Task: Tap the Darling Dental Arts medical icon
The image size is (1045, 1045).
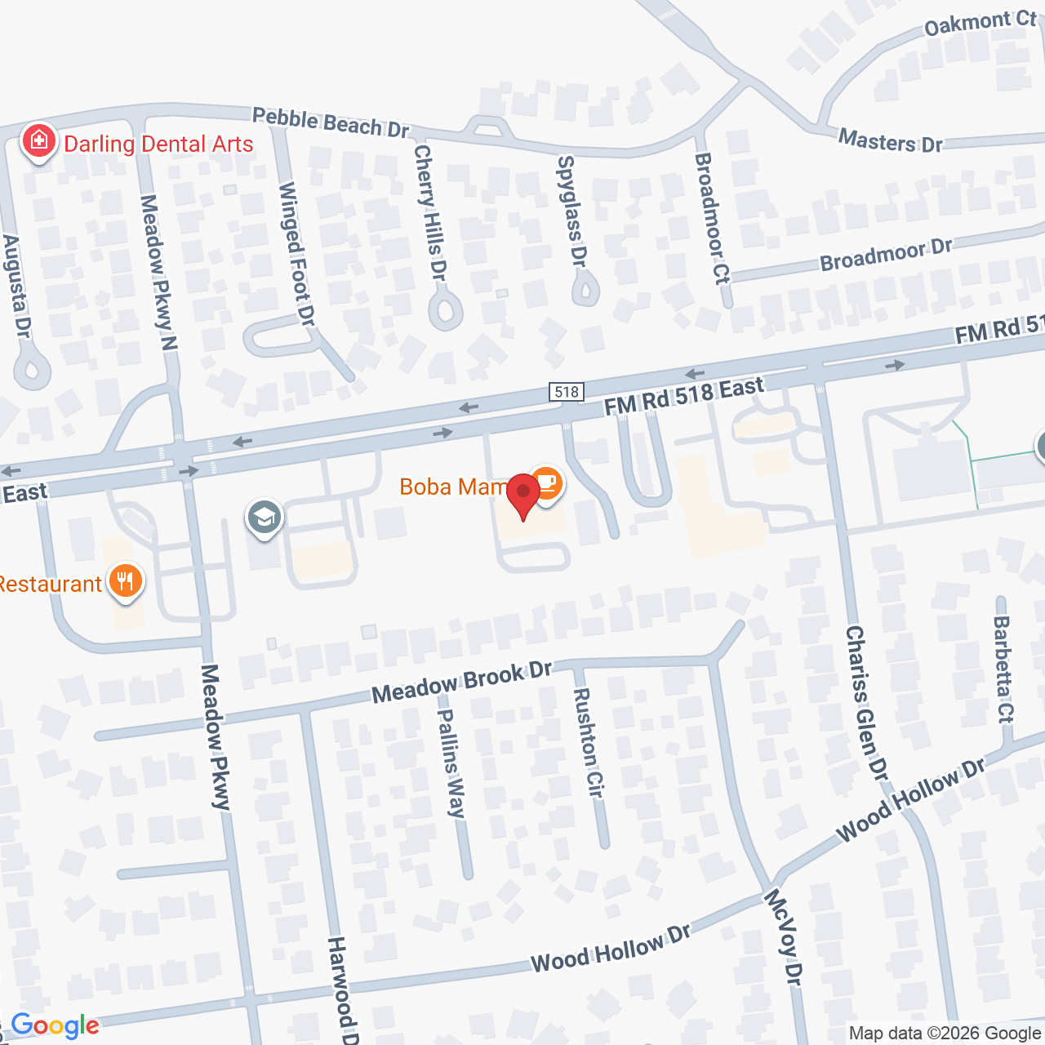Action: click(x=38, y=142)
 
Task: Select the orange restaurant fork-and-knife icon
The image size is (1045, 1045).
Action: click(x=125, y=582)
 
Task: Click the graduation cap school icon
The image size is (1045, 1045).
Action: click(x=265, y=518)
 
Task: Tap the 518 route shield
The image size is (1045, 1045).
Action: click(x=567, y=392)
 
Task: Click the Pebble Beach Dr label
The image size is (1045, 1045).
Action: click(x=330, y=122)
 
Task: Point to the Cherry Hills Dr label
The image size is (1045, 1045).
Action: click(x=431, y=212)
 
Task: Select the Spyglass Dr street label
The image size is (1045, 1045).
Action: click(x=571, y=211)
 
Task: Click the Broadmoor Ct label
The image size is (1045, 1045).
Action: click(x=710, y=218)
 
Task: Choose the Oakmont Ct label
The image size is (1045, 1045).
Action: click(x=980, y=23)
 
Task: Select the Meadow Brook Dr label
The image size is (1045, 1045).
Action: click(x=462, y=682)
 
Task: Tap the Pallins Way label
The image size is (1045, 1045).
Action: click(x=451, y=763)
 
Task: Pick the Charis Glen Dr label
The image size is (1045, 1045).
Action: click(x=866, y=702)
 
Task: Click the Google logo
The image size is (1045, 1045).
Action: click(x=56, y=1025)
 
